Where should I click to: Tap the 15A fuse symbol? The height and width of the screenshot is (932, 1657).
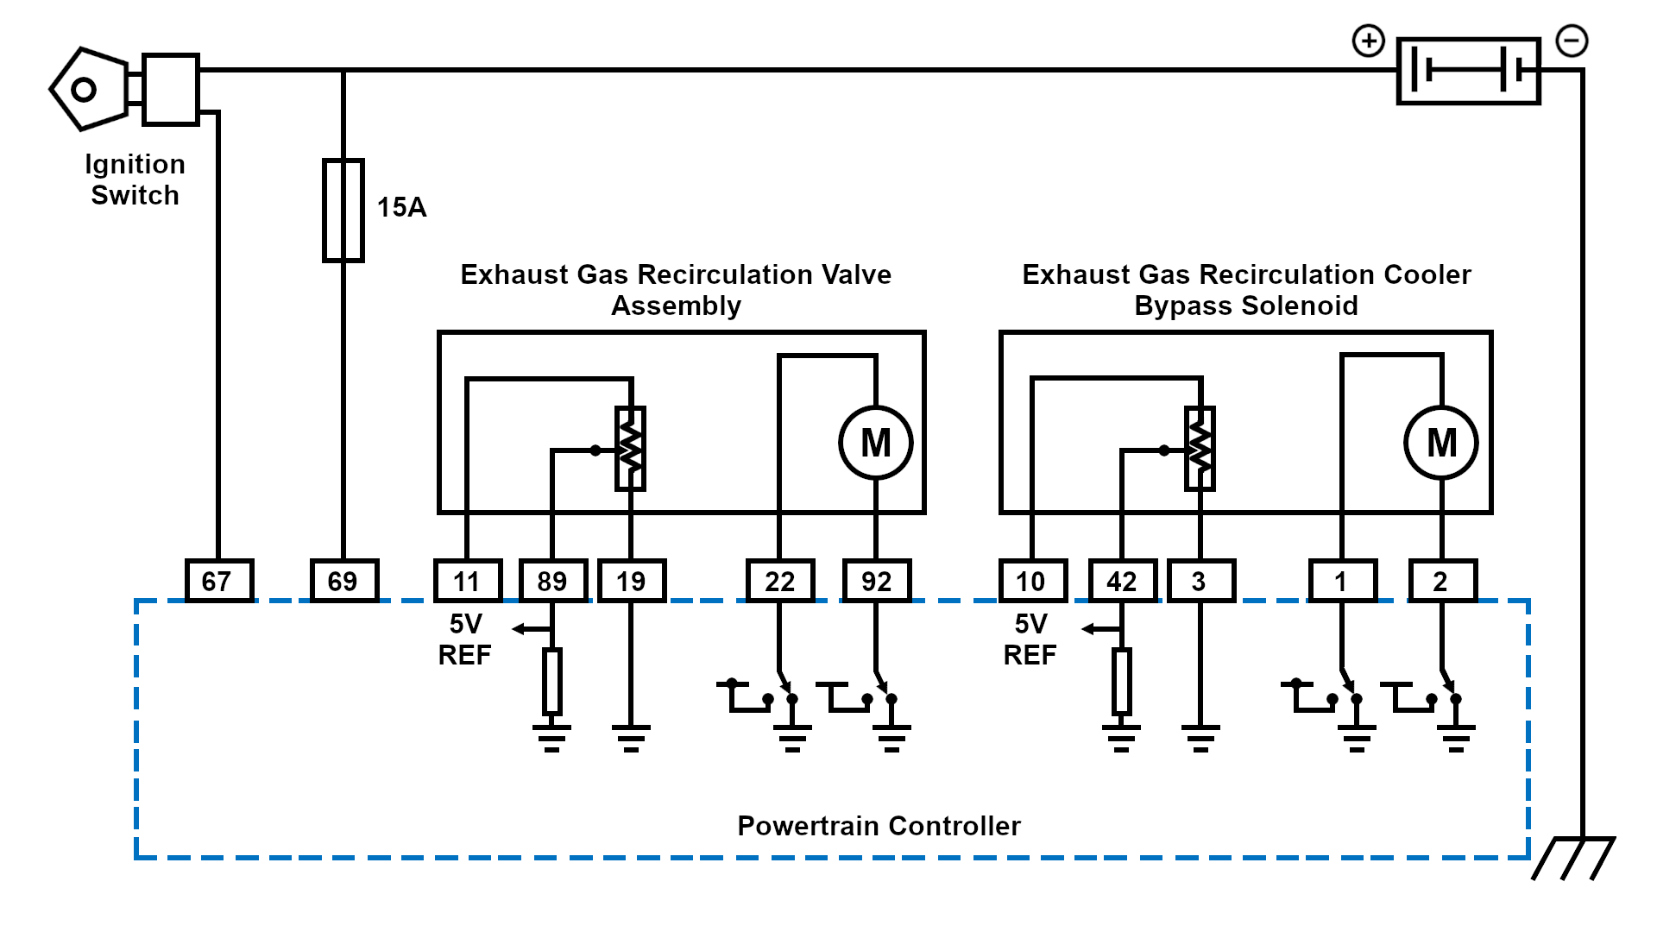coord(343,210)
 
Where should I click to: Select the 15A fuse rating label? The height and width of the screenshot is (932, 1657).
coord(401,207)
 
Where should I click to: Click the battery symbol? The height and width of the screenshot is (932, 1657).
coord(1468,70)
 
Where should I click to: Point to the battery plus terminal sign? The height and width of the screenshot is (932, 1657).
coord(1368,41)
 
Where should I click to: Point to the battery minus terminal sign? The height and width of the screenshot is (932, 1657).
coord(1572,41)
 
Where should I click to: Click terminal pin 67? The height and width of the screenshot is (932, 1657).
coord(219,581)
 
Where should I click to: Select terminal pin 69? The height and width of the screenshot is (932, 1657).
coord(343,581)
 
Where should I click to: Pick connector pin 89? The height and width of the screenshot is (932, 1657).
coord(552,581)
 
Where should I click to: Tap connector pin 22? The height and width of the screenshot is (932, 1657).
coord(779,581)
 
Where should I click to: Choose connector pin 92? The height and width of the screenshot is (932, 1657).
coord(876,581)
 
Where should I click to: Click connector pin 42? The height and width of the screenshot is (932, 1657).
coord(1122,581)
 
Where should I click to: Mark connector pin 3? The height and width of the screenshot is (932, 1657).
coord(1200,581)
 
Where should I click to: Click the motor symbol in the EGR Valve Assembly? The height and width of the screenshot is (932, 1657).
coord(876,443)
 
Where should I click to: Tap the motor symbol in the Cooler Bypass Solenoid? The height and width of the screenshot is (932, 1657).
coord(1441,443)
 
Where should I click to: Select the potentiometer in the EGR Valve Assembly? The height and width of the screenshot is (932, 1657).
coord(630,449)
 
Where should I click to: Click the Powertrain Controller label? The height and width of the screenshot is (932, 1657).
coord(879,826)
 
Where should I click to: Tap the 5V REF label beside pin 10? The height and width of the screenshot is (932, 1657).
coord(1030,639)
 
